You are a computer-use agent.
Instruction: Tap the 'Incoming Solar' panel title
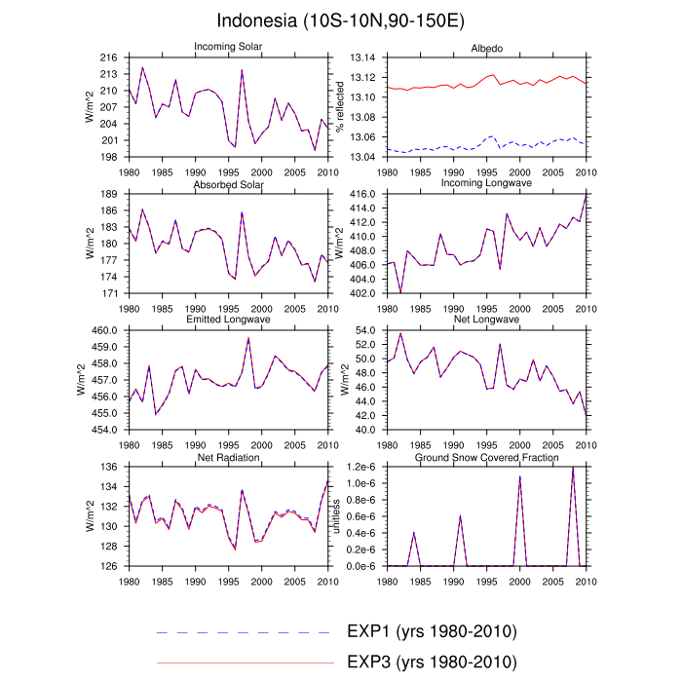pyautogui.click(x=228, y=47)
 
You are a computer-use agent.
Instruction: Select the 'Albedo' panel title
pyautogui.click(x=486, y=47)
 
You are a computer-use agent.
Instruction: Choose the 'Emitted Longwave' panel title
pyautogui.click(x=228, y=320)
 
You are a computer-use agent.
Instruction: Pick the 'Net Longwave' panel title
pyautogui.click(x=486, y=320)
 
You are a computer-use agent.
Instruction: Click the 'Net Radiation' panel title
pyautogui.click(x=228, y=456)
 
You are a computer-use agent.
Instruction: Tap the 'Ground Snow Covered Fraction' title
pyautogui.click(x=486, y=456)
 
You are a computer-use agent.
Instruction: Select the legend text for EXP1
pyautogui.click(x=431, y=631)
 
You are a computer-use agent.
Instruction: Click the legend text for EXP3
pyautogui.click(x=431, y=663)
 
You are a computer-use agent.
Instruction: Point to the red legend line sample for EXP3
pyautogui.click(x=244, y=663)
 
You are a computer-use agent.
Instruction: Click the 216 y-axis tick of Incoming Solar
pyautogui.click(x=109, y=58)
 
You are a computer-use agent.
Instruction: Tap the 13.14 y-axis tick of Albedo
pyautogui.click(x=362, y=58)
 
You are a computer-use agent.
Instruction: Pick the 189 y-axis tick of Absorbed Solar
pyautogui.click(x=109, y=195)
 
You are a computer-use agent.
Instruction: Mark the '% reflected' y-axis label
pyautogui.click(x=339, y=108)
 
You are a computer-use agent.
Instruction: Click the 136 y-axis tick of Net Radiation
pyautogui.click(x=109, y=468)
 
